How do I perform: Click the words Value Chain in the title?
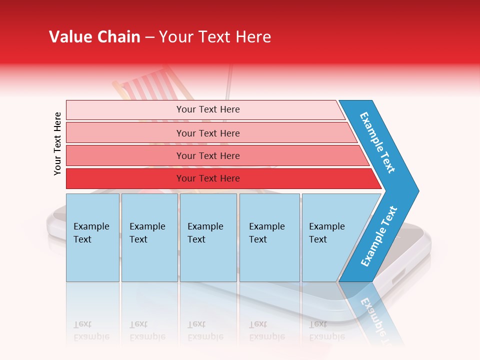click(94, 37)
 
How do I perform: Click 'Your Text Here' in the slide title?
click(215, 37)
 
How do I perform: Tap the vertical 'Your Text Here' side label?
click(57, 143)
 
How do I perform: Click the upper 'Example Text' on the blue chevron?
click(377, 142)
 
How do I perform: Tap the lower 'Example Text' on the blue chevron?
click(379, 236)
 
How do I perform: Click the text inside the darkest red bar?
click(208, 178)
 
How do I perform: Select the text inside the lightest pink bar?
click(208, 109)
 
